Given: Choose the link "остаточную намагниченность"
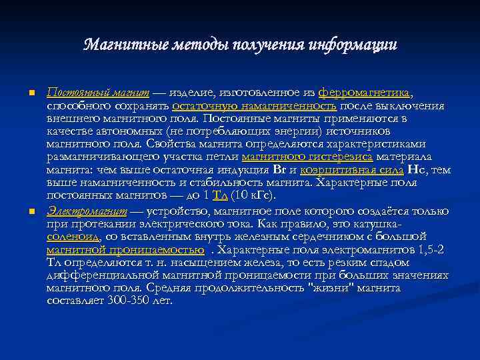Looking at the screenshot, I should (x=255, y=105).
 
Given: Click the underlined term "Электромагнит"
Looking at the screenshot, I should (x=87, y=211).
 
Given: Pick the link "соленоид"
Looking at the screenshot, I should (x=73, y=237).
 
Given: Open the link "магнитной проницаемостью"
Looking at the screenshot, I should (x=125, y=249).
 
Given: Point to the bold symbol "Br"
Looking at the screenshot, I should (x=279, y=169).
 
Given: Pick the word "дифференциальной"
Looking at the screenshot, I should (x=120, y=275).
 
